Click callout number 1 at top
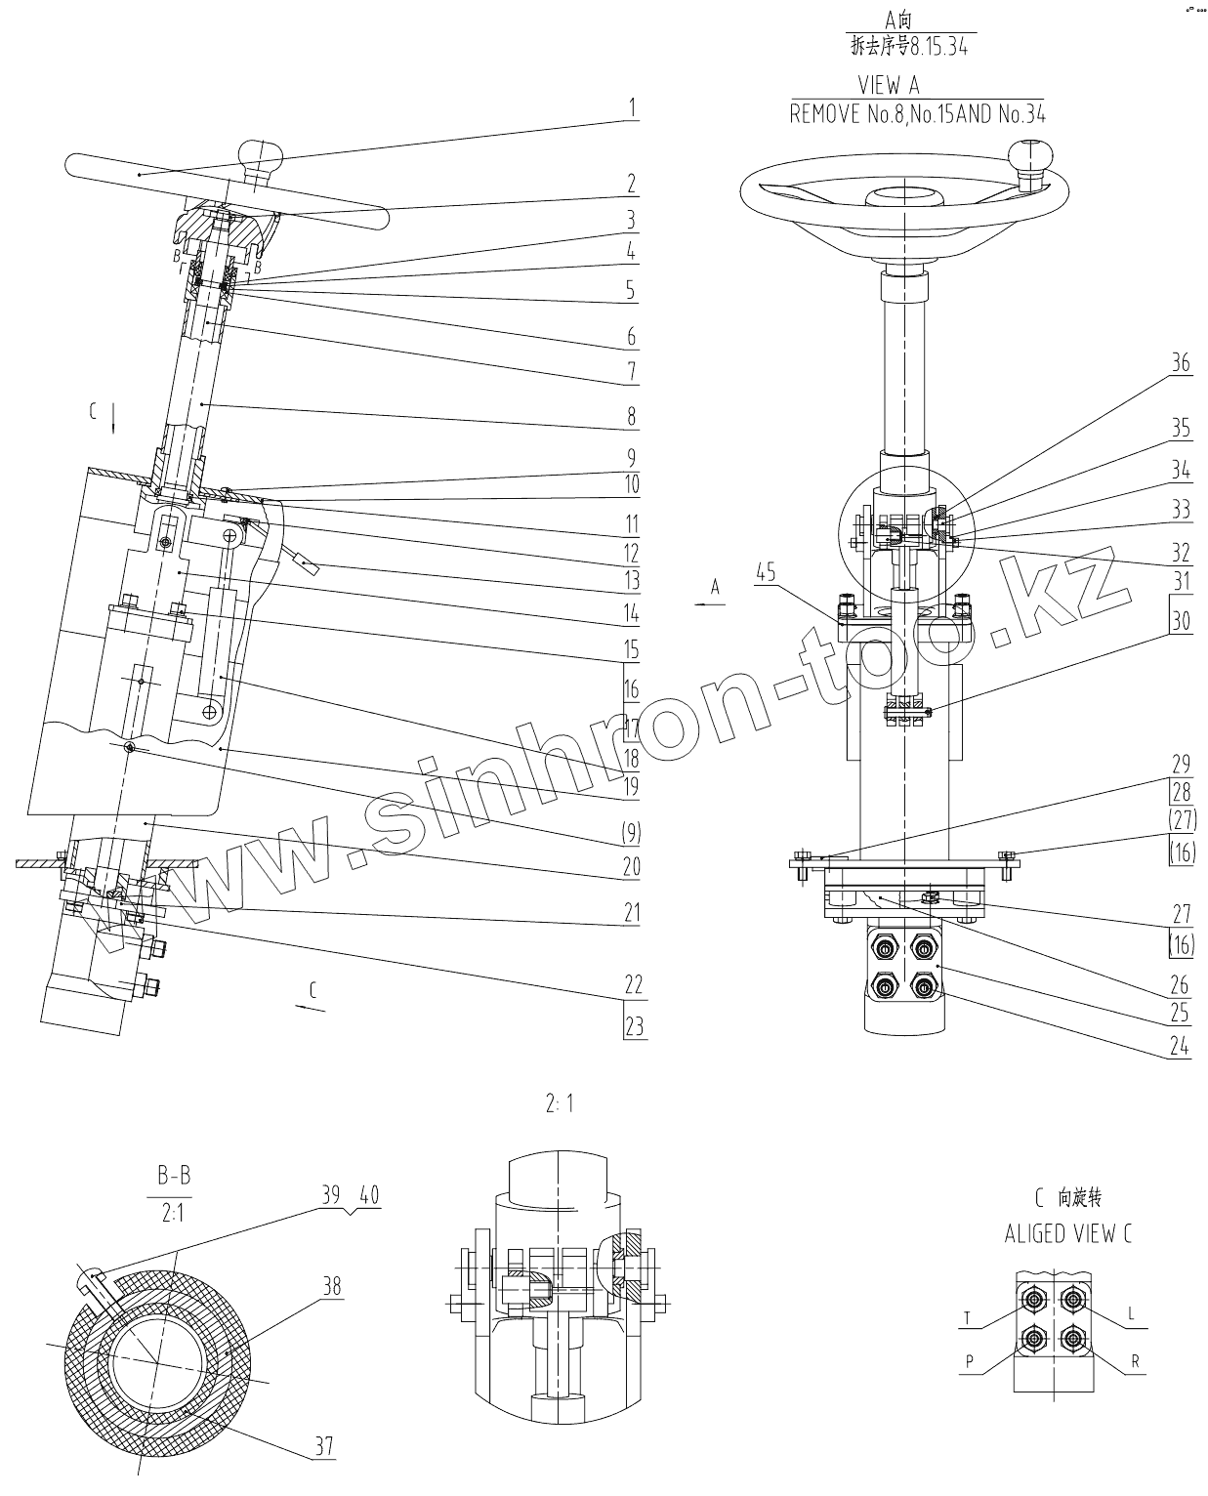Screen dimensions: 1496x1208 [x=633, y=107]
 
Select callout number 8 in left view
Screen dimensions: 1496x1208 [x=632, y=416]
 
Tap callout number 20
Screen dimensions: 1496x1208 [x=632, y=866]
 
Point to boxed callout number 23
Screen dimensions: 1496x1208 [x=635, y=1027]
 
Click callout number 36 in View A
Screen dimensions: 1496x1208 [x=1181, y=363]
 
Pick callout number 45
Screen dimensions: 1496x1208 [x=766, y=573]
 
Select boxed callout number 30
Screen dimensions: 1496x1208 [x=1181, y=621]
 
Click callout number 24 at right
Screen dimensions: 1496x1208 [x=1180, y=1047]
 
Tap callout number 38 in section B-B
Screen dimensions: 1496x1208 [x=332, y=1286]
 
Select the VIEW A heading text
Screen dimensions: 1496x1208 [x=888, y=86]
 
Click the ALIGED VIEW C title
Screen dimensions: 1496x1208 [x=1068, y=1234]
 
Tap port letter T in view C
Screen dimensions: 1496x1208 [x=968, y=1318]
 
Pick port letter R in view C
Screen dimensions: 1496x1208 [x=1136, y=1361]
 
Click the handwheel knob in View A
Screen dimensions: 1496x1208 [x=1032, y=156]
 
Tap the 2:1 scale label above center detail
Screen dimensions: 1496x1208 [x=560, y=1104]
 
